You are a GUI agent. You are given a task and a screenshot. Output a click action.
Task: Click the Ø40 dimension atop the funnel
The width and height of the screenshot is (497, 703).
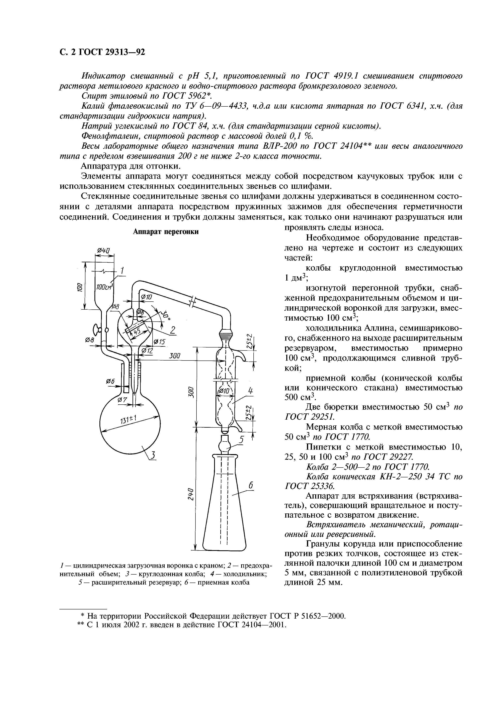[103, 250]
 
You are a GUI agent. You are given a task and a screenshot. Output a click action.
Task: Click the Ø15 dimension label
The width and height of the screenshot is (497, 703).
[159, 342]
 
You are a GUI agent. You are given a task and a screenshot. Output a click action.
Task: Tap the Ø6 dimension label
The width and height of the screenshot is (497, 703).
[110, 382]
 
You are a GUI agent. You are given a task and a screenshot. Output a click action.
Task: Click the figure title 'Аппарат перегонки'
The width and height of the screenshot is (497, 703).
[166, 232]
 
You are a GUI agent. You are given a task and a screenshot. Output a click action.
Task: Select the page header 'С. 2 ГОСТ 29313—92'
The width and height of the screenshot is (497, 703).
[102, 52]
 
